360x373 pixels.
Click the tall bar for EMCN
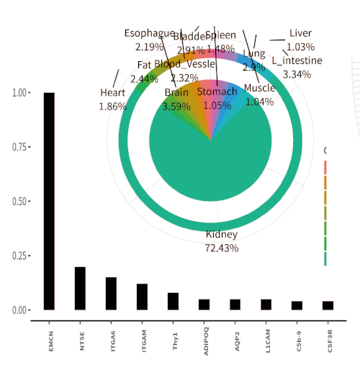point(49,202)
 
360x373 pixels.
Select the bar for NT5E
point(80,289)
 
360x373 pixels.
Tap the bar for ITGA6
point(111,294)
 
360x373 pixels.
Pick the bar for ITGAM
point(142,297)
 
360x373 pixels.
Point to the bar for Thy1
point(173,301)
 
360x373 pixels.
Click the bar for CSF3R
point(328,305)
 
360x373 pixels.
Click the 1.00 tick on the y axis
point(21,93)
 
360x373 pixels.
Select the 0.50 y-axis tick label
point(21,202)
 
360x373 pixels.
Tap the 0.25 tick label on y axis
point(21,256)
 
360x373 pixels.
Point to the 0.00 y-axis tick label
point(21,310)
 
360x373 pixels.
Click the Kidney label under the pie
point(222,235)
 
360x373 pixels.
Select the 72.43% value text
point(222,248)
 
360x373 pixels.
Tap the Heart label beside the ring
point(113,92)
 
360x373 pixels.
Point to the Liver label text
point(300,33)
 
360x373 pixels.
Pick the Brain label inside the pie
point(176,92)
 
